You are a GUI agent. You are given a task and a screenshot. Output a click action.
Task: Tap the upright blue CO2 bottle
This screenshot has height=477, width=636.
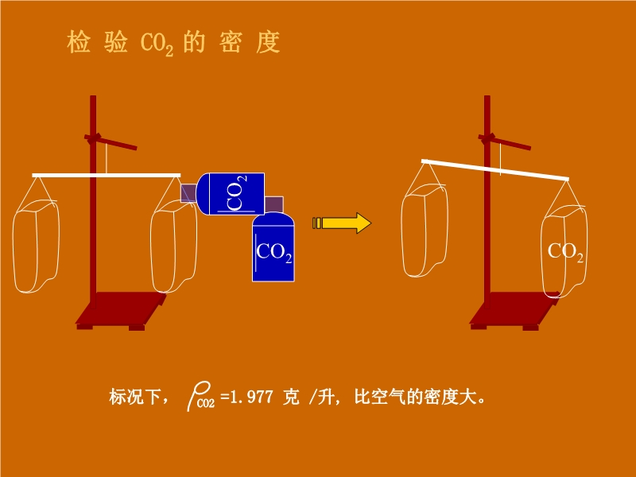273,247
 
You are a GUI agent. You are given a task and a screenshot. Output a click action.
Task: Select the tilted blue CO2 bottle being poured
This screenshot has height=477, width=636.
230,193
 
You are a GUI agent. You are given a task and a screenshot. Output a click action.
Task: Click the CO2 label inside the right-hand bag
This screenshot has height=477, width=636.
566,252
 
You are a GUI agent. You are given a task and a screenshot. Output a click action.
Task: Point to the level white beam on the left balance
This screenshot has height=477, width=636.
107,174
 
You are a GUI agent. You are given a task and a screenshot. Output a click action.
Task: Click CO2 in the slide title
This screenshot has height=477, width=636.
157,45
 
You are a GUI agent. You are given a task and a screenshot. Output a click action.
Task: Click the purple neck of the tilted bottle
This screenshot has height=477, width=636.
188,193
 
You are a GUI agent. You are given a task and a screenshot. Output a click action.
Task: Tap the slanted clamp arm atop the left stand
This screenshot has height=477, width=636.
111,142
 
